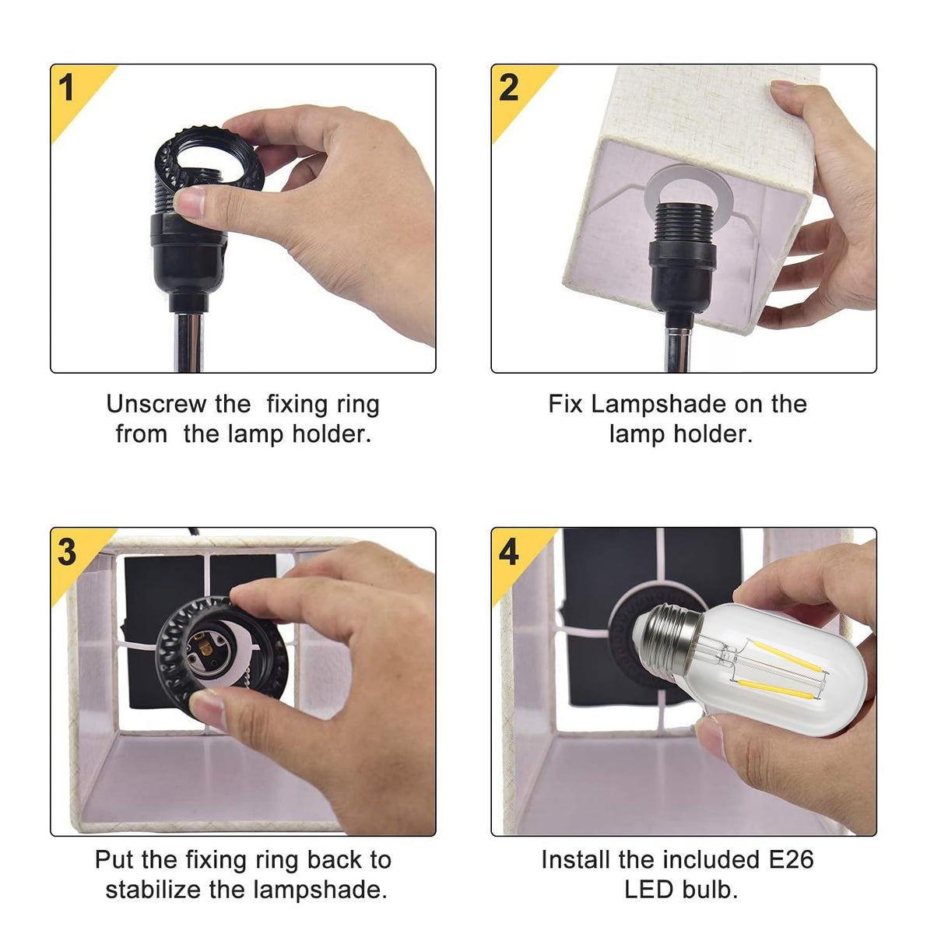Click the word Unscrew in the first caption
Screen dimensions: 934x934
[x=156, y=404]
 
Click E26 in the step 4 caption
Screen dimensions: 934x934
[x=792, y=860]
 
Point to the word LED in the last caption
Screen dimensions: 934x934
[x=649, y=890]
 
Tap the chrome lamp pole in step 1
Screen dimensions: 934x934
[x=188, y=342]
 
